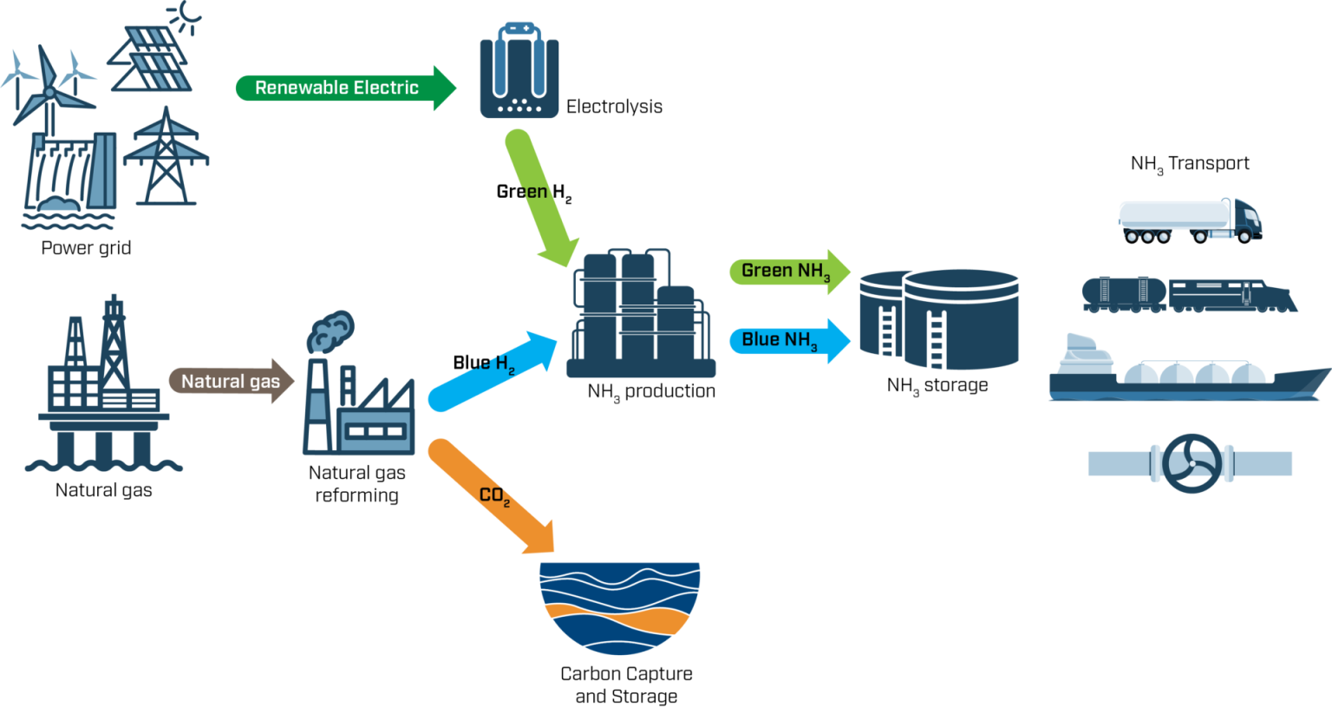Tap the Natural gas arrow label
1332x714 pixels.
[231, 381]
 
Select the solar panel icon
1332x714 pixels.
[152, 56]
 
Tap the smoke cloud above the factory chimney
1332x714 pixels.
[330, 331]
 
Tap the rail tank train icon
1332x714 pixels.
[1188, 294]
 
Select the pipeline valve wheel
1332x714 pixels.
[1192, 463]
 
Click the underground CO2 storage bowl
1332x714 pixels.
[619, 607]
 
